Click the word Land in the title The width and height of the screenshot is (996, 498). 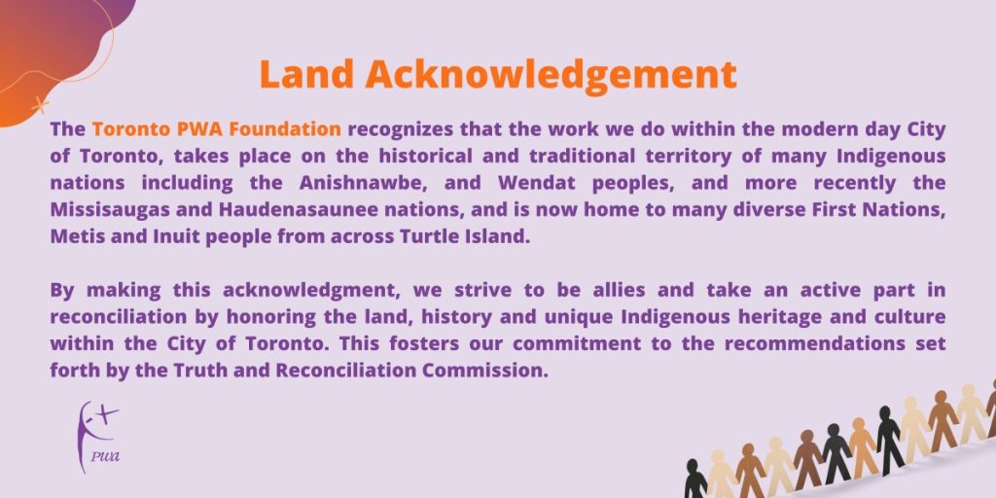pyautogui.click(x=306, y=75)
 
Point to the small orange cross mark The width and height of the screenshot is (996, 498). pyautogui.click(x=40, y=104)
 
